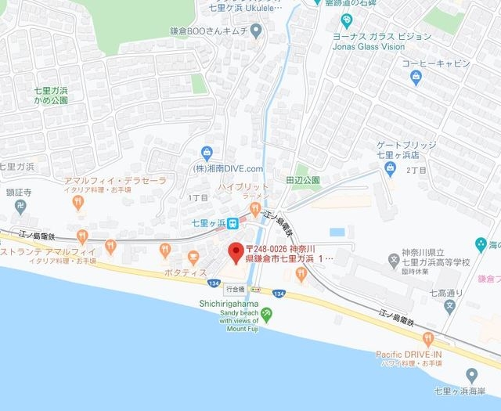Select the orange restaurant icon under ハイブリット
pyautogui.click(x=254, y=206)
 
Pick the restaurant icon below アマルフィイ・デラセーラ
pyautogui.click(x=77, y=203)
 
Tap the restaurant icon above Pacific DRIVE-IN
pyautogui.click(x=427, y=338)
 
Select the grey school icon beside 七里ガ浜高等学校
pyautogui.click(x=394, y=258)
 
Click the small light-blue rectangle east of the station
pyautogui.click(x=337, y=232)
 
